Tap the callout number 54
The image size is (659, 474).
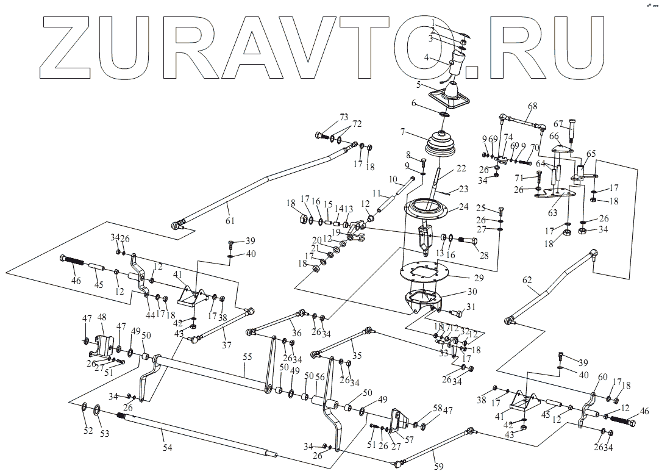[x=168, y=448]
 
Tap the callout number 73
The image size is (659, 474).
[x=344, y=117]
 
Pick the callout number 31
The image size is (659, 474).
[x=470, y=306]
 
